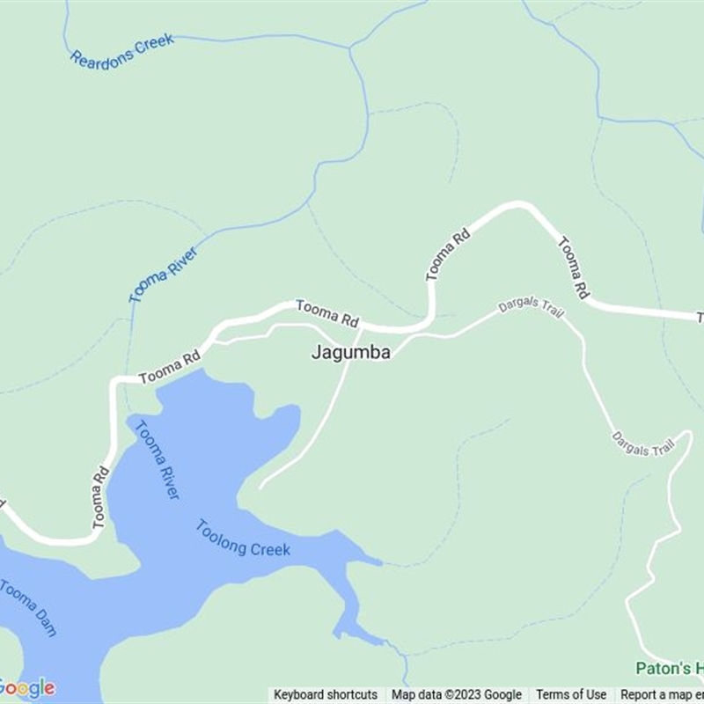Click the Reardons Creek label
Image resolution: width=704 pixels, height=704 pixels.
(122, 50)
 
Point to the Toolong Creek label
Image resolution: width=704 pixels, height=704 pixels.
(243, 539)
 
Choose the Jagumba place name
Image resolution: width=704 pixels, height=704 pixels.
(350, 352)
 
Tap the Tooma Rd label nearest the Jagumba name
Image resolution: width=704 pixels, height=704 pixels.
(327, 312)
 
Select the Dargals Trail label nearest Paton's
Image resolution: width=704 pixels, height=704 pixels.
(642, 444)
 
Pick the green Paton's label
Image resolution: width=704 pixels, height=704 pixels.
(670, 669)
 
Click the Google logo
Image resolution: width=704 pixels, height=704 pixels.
(27, 687)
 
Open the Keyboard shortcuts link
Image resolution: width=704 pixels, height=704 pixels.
(326, 695)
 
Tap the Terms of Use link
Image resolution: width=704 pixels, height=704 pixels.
(571, 695)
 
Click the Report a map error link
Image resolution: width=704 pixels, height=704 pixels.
(661, 695)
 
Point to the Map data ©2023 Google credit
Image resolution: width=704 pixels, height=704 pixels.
(457, 695)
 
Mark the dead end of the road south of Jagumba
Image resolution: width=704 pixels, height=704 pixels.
(260, 486)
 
